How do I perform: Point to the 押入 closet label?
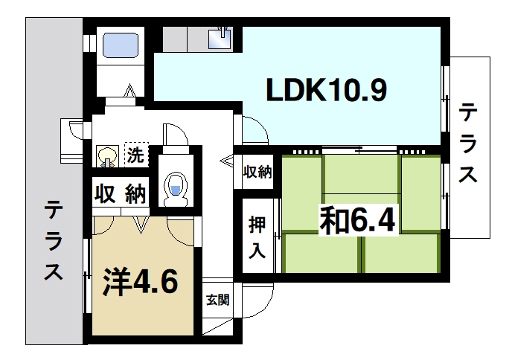pyautogui.click(x=257, y=236)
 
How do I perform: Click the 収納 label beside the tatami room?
pyautogui.click(x=257, y=172)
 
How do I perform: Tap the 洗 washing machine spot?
pyautogui.click(x=135, y=155)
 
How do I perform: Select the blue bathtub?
pyautogui.click(x=119, y=45)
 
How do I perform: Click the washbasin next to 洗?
pyautogui.click(x=106, y=156)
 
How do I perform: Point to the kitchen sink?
pyautogui.click(x=222, y=36)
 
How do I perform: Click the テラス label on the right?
pyautogui.click(x=468, y=145)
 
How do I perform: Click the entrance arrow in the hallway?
pyautogui.click(x=226, y=158)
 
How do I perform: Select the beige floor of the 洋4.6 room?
pyautogui.click(x=141, y=312)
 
